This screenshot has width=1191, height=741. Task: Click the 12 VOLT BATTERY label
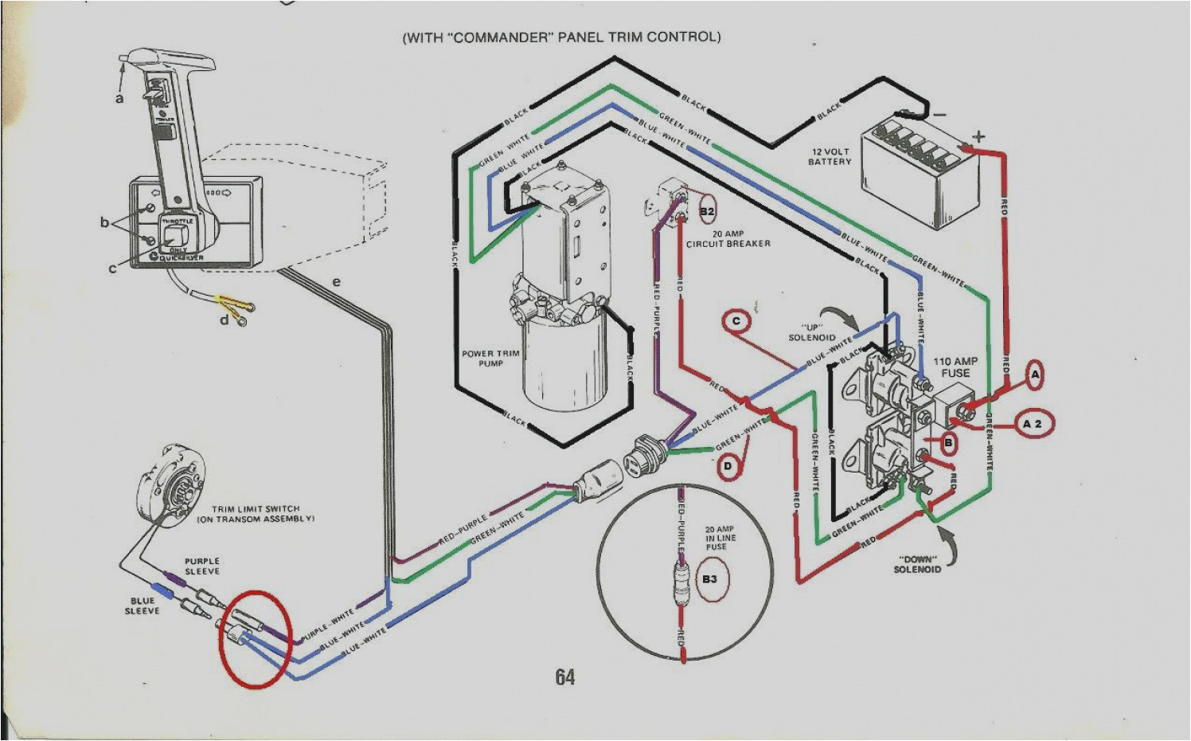coord(830,156)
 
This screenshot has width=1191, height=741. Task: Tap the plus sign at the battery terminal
coord(978,136)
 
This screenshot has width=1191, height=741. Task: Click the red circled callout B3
coord(709,578)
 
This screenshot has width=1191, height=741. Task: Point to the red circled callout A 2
coord(1032,424)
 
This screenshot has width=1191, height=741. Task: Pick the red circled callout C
coord(736,321)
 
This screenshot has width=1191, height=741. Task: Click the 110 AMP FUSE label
coord(955,367)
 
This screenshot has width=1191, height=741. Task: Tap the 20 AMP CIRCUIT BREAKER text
coord(728,238)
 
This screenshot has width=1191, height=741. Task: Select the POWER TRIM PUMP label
coord(490,358)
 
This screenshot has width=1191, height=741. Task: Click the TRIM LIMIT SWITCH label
coord(256,513)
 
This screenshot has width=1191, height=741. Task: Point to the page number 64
coord(564,677)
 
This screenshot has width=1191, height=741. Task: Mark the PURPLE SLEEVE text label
coord(202,566)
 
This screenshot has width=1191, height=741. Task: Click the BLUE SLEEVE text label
coord(142,606)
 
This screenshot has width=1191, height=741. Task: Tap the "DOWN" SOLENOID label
coord(917,563)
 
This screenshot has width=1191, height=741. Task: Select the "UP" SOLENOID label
coord(812,332)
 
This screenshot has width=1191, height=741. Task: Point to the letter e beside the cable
coord(336,281)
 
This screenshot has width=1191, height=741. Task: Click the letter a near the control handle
coord(119,98)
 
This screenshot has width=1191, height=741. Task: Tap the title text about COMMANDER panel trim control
coord(561,37)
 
